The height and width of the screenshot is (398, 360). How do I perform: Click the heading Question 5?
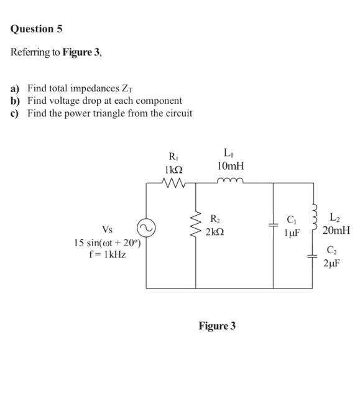(x=37, y=29)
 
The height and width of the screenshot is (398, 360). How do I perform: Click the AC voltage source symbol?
(x=147, y=229)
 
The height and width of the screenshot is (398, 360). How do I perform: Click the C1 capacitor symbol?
(x=273, y=228)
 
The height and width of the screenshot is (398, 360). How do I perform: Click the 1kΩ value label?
(x=172, y=169)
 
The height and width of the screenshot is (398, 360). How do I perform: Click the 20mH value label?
(x=336, y=230)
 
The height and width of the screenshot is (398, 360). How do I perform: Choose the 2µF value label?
(x=333, y=264)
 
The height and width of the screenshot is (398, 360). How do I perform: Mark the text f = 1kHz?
(x=108, y=255)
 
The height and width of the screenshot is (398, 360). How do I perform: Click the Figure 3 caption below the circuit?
(x=217, y=326)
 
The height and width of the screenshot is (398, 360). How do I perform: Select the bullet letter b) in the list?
(x=15, y=101)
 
